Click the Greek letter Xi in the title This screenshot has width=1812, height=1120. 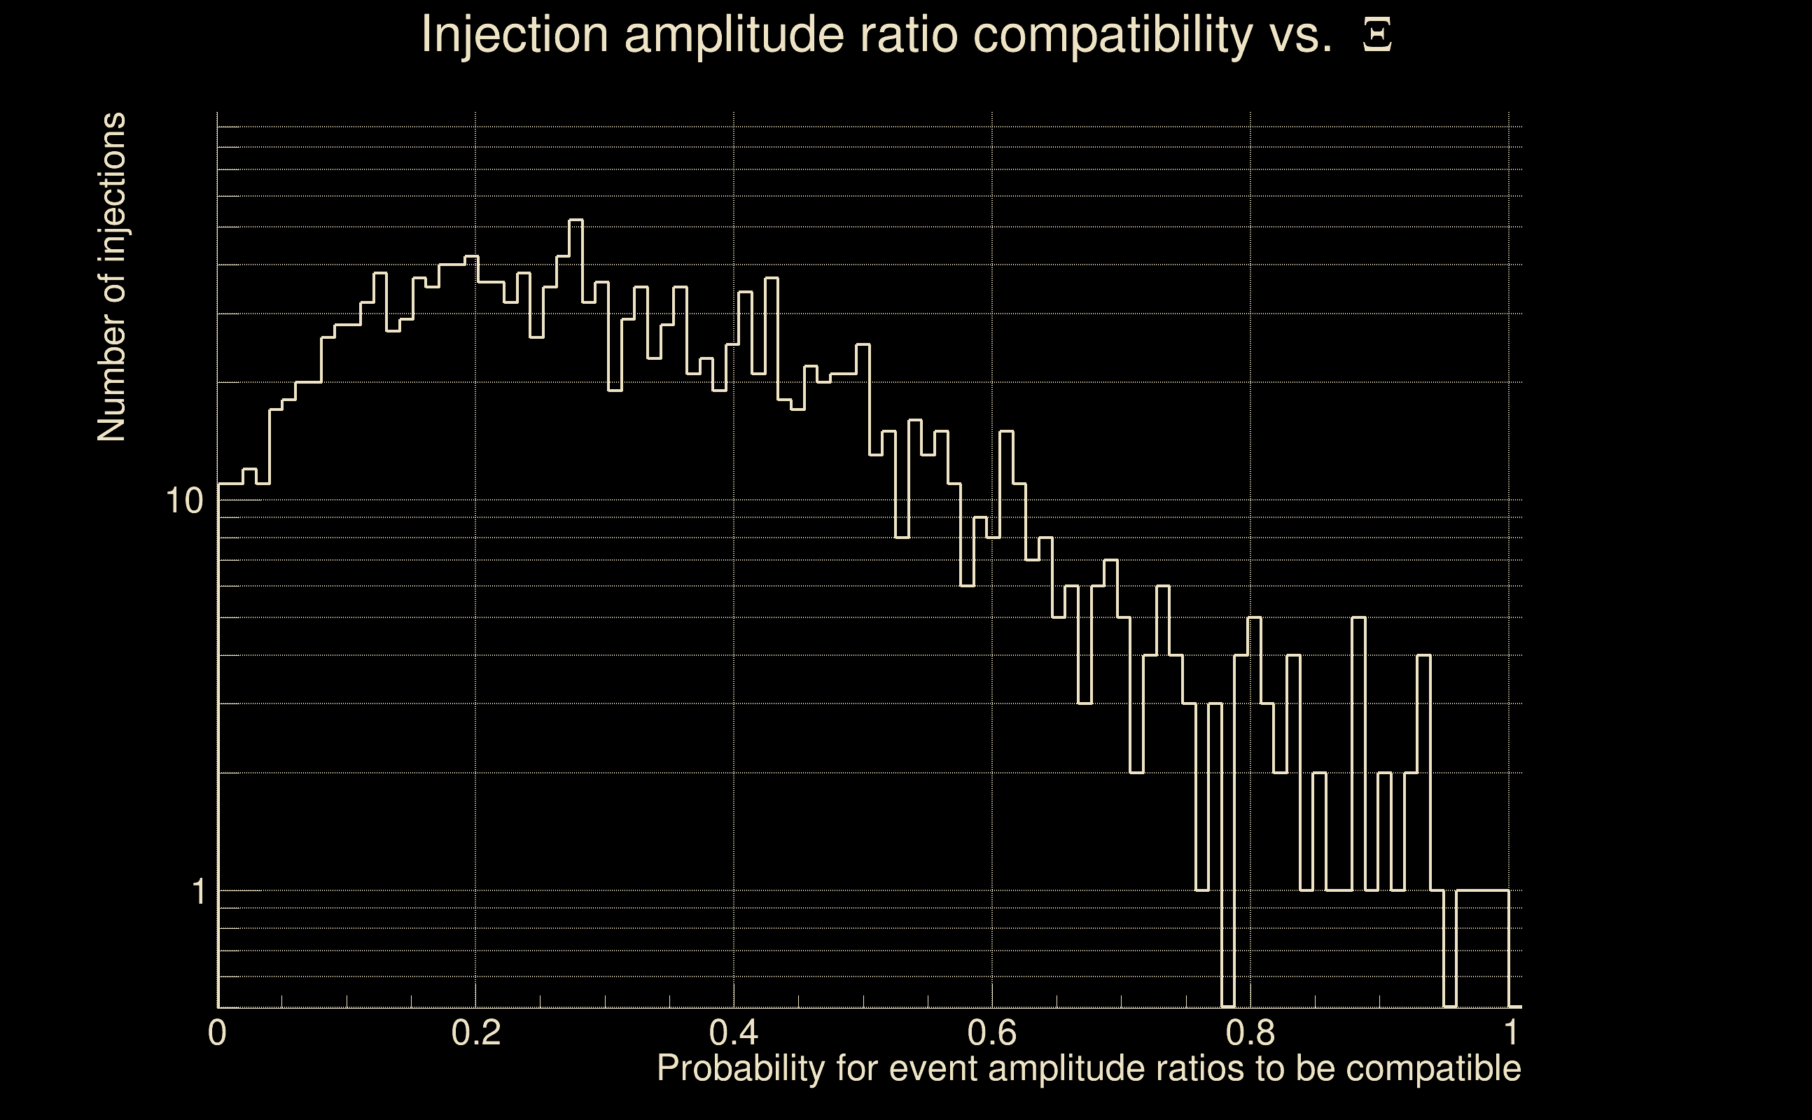pos(1377,35)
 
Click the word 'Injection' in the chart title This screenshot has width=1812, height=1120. pos(514,35)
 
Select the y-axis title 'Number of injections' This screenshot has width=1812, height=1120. pos(111,277)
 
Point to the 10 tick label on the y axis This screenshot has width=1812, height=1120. pos(183,501)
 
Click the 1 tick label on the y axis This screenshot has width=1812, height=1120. pos(198,891)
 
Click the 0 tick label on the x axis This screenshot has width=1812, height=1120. pos(217,1032)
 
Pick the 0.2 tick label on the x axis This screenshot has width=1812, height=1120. pos(475,1032)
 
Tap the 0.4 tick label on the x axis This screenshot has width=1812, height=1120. pos(733,1032)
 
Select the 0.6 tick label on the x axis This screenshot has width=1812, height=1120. pos(992,1032)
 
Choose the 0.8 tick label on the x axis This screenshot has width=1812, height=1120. pos(1250,1032)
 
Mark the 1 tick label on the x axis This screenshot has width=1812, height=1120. pos(1509,1032)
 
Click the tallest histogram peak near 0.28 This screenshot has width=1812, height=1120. pos(576,220)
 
